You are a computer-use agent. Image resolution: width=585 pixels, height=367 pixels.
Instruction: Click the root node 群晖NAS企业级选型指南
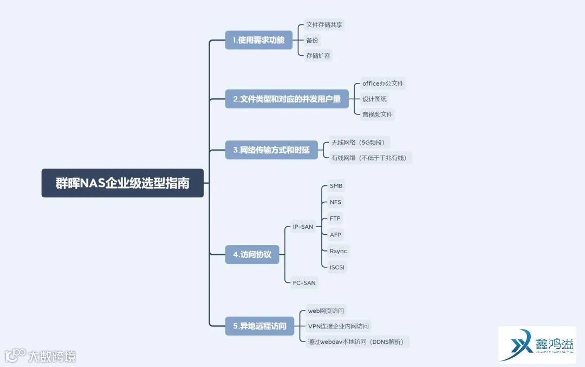click(122, 183)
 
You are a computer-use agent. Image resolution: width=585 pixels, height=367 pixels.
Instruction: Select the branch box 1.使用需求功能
click(258, 40)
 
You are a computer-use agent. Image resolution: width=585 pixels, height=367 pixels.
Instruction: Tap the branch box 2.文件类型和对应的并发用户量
click(287, 99)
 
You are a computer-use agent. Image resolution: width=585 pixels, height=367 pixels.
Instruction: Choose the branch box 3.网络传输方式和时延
click(271, 150)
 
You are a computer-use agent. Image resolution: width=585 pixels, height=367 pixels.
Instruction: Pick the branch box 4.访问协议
click(252, 254)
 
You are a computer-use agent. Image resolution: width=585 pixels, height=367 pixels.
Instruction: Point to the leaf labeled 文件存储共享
click(324, 25)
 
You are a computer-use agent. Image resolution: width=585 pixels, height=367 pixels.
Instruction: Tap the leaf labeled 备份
click(312, 40)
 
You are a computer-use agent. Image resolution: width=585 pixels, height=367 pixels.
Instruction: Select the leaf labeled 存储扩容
click(318, 55)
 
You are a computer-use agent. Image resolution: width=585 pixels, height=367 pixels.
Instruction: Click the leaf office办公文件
click(383, 83)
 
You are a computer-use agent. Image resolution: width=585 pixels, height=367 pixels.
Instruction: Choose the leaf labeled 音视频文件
click(378, 114)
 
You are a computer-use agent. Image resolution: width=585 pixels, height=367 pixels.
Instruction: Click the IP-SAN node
click(303, 227)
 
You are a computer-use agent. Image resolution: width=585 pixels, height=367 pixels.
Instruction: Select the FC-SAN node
click(304, 282)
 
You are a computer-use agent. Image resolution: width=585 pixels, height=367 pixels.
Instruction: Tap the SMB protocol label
click(336, 186)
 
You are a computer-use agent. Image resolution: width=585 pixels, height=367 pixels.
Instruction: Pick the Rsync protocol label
click(338, 251)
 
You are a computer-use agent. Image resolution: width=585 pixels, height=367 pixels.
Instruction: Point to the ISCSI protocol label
click(337, 267)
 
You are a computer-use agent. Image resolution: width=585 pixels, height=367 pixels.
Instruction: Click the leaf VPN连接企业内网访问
click(338, 326)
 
